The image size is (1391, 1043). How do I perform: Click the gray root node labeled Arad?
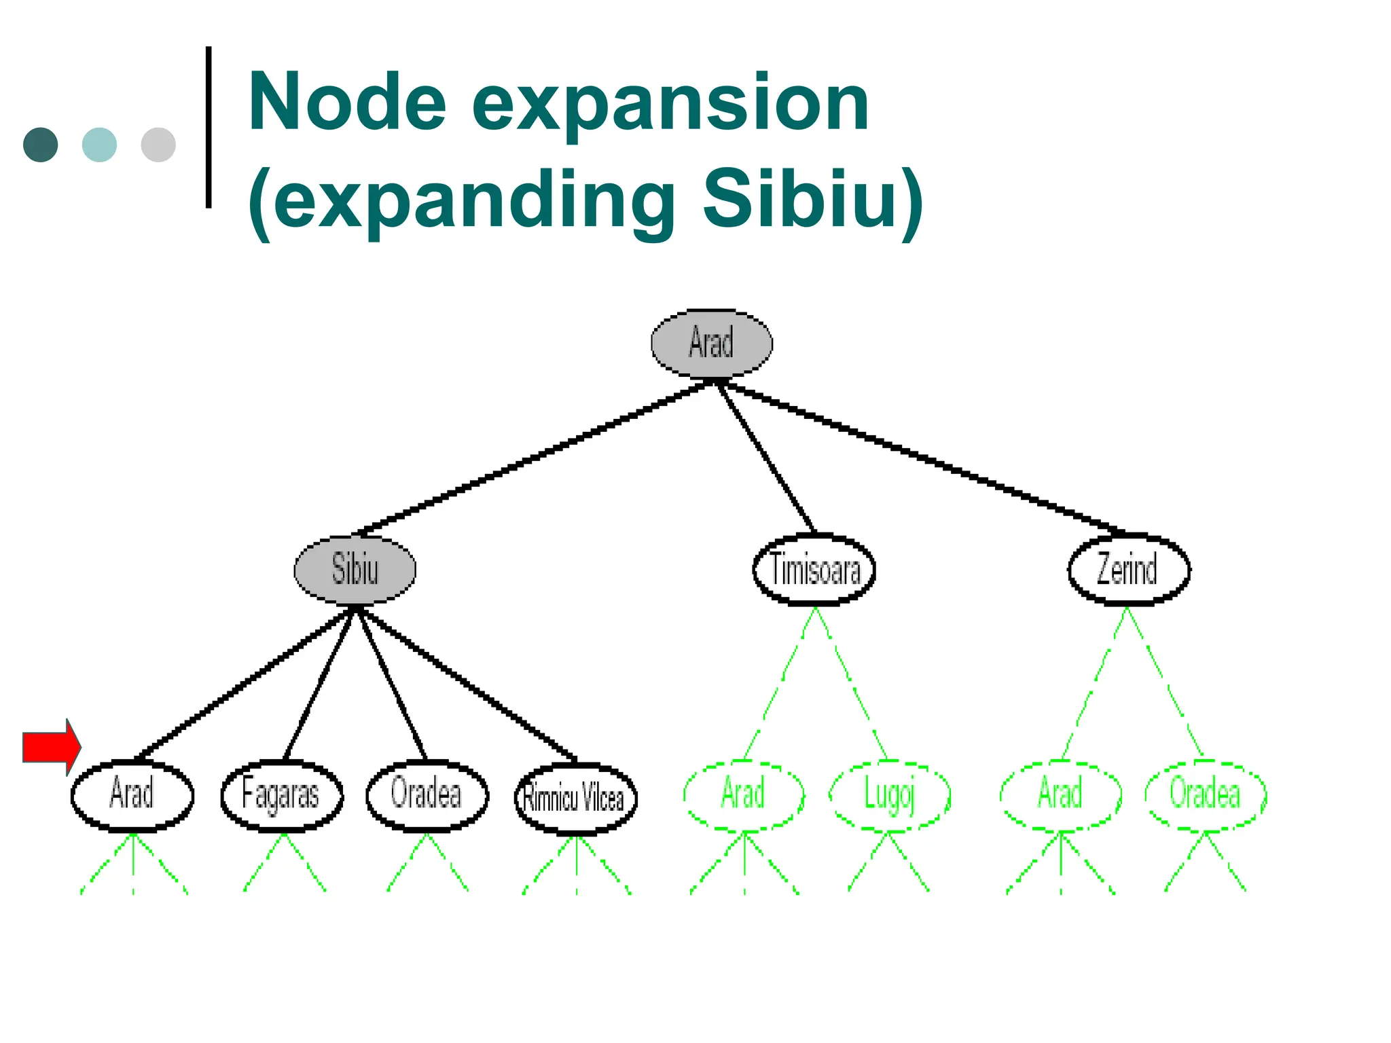[711, 343]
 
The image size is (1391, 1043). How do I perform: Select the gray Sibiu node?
[355, 569]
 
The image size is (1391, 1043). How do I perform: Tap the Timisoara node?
[814, 569]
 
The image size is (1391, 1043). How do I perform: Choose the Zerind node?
[1128, 569]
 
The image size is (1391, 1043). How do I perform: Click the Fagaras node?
[282, 795]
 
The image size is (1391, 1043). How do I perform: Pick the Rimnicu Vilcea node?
[576, 798]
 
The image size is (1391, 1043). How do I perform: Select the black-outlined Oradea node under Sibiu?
[427, 795]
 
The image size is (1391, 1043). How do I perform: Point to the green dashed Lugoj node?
[889, 795]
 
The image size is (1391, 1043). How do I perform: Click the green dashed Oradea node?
[1206, 795]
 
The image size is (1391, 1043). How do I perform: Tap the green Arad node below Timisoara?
[744, 795]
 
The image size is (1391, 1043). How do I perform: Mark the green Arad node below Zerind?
[1060, 795]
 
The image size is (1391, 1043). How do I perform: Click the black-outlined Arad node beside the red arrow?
[132, 795]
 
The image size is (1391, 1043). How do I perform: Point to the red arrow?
[52, 747]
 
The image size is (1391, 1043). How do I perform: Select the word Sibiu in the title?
[801, 199]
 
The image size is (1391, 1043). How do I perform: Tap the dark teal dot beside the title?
[41, 145]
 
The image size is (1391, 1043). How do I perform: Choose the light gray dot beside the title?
[158, 145]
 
